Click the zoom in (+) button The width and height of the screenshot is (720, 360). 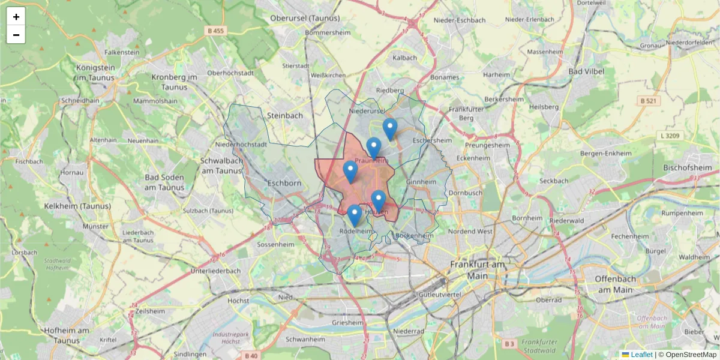point(16,17)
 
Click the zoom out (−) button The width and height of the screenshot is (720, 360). point(16,35)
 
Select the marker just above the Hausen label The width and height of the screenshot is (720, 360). point(378,201)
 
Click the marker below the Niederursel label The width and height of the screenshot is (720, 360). point(390,129)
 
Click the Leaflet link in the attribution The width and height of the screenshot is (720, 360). point(641,355)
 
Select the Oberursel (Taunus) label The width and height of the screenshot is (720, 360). point(305,18)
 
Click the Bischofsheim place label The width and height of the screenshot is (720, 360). point(686,167)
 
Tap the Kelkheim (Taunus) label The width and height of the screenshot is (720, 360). point(77,206)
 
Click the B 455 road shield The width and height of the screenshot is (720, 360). point(215,31)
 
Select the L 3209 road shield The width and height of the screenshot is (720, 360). point(671,136)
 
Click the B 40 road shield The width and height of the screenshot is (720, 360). point(251,356)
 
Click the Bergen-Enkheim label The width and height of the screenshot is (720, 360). point(606,154)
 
